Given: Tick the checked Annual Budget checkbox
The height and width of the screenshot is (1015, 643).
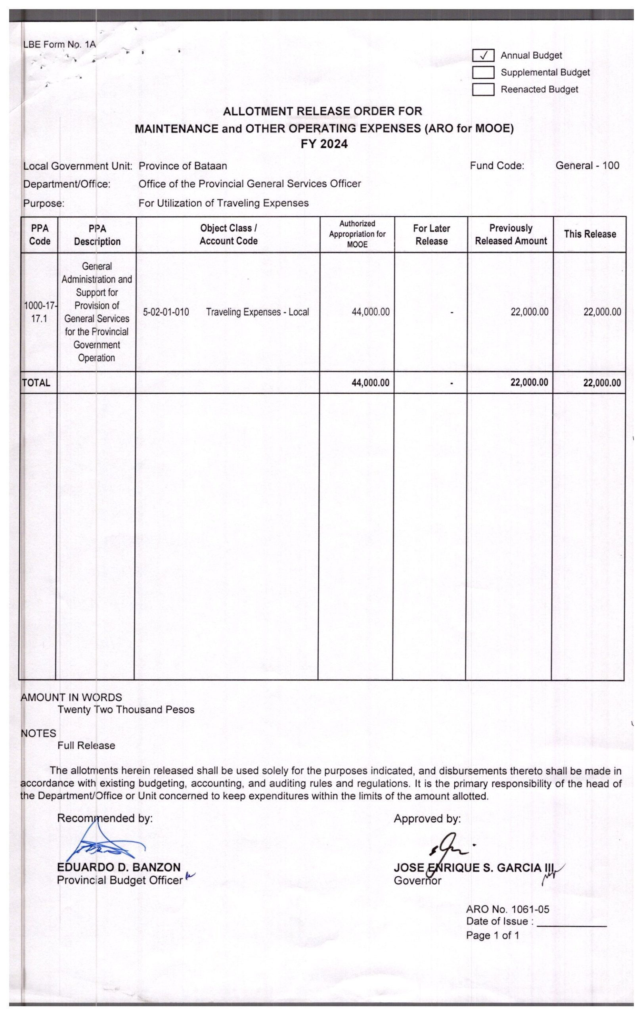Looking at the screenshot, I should [483, 56].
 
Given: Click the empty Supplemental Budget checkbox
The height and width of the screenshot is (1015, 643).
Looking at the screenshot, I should [483, 73].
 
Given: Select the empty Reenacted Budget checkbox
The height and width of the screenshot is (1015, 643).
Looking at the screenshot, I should [483, 89].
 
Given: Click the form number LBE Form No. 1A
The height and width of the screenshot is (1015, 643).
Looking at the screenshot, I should [59, 44].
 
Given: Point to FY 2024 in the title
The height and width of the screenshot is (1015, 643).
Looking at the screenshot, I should [324, 144].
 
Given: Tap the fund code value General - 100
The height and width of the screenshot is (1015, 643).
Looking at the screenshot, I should [587, 166].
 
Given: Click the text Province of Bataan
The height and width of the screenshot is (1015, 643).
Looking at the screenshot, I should [183, 166].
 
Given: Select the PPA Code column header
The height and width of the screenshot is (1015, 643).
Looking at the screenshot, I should [40, 235].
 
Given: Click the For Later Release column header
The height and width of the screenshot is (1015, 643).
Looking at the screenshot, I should [431, 235].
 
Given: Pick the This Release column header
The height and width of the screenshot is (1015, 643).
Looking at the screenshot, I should [589, 234].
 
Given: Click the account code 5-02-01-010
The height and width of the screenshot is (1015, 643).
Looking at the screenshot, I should [166, 312].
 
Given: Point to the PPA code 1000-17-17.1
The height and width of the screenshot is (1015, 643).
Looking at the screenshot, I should [40, 312].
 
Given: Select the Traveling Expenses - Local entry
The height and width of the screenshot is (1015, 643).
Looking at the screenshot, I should [257, 312].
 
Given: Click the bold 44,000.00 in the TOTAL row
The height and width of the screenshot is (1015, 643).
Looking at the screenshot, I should [370, 383].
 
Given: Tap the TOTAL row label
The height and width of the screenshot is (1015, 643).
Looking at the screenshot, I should [36, 383].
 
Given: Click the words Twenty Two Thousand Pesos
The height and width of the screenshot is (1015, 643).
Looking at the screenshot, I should [126, 710].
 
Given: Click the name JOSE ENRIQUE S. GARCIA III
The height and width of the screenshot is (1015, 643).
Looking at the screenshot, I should [473, 868].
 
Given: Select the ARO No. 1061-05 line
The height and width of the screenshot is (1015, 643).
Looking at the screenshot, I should [507, 910].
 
